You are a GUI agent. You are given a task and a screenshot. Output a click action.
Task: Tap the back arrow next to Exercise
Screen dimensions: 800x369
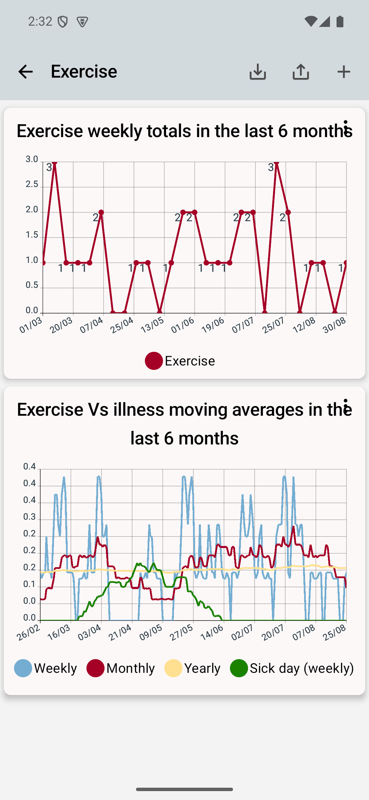25,72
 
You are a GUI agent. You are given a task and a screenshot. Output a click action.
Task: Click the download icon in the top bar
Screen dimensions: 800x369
258,72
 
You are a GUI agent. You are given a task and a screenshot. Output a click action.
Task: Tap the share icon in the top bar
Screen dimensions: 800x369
301,72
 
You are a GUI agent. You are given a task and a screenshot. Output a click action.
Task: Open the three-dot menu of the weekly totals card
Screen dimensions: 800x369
346,128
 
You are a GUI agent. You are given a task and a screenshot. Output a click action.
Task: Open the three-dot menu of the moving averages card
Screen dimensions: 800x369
346,406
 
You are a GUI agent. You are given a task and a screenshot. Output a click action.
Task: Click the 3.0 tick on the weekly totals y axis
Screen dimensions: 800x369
32,159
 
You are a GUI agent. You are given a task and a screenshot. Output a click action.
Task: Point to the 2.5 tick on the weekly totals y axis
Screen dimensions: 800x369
32,185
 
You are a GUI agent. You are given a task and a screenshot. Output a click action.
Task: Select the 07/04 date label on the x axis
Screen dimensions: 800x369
91,325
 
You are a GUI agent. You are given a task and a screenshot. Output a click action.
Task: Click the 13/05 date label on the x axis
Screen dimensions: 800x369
152,325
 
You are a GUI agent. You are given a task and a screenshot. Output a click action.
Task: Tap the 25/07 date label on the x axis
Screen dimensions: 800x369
273,325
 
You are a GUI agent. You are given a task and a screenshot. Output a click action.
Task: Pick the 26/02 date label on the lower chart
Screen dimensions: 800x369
28,633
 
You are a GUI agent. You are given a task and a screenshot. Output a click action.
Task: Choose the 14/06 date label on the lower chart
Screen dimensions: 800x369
212,633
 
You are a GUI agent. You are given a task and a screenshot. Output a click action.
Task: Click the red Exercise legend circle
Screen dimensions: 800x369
154,361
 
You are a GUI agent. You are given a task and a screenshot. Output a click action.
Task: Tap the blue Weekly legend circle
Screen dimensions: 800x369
23,668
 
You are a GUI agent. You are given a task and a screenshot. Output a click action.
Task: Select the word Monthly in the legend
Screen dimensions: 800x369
131,668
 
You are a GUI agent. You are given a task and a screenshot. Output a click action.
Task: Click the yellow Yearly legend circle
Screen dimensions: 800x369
173,668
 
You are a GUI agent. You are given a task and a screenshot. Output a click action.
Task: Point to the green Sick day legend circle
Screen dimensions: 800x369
239,668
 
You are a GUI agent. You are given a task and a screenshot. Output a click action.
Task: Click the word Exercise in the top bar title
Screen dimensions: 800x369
84,71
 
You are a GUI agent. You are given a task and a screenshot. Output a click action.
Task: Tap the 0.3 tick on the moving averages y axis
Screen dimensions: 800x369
29,517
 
